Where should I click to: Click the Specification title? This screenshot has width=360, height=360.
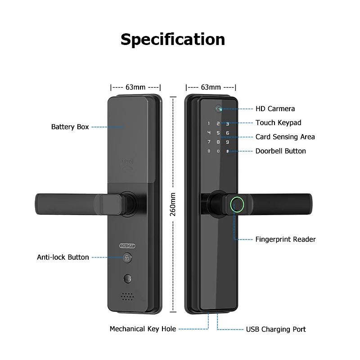click(x=173, y=40)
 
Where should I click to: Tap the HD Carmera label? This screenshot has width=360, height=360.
click(x=275, y=108)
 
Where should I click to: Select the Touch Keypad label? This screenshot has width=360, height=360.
click(x=278, y=123)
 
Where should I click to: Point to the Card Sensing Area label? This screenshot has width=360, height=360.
click(x=285, y=137)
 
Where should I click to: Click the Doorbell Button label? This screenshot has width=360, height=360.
click(x=280, y=151)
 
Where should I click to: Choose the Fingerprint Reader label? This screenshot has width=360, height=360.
click(x=285, y=239)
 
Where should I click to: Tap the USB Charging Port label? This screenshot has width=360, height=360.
click(x=276, y=329)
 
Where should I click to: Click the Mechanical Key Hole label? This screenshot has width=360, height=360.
click(x=143, y=329)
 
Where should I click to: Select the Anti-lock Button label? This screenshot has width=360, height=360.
click(x=63, y=257)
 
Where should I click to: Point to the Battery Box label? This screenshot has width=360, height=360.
click(x=70, y=127)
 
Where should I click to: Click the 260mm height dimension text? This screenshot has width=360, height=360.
click(x=173, y=204)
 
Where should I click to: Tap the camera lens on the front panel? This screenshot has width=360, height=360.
click(x=219, y=108)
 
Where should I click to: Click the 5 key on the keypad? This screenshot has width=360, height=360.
click(x=218, y=133)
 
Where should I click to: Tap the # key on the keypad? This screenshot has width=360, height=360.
click(x=228, y=151)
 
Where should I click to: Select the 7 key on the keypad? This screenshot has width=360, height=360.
click(x=209, y=142)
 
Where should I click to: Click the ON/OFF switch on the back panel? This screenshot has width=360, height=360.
click(x=127, y=246)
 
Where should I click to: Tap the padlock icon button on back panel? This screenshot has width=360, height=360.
click(x=127, y=258)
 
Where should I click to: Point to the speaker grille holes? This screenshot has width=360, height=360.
click(x=127, y=297)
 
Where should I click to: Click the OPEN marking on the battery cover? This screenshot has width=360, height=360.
click(x=127, y=161)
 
